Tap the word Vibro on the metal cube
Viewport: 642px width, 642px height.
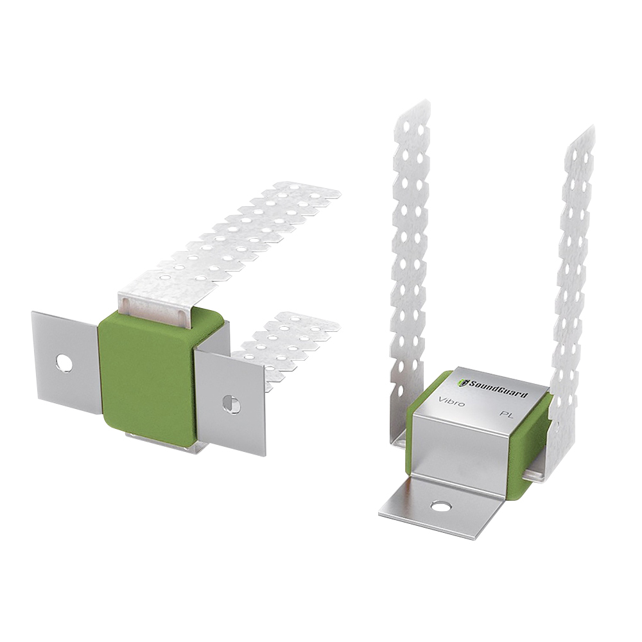[x=451, y=401]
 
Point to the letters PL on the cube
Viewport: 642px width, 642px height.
[x=507, y=415]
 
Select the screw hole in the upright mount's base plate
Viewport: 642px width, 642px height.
[x=440, y=507]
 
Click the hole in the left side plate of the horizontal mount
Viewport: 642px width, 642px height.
[x=64, y=362]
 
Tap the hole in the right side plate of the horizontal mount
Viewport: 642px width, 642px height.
[x=231, y=404]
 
